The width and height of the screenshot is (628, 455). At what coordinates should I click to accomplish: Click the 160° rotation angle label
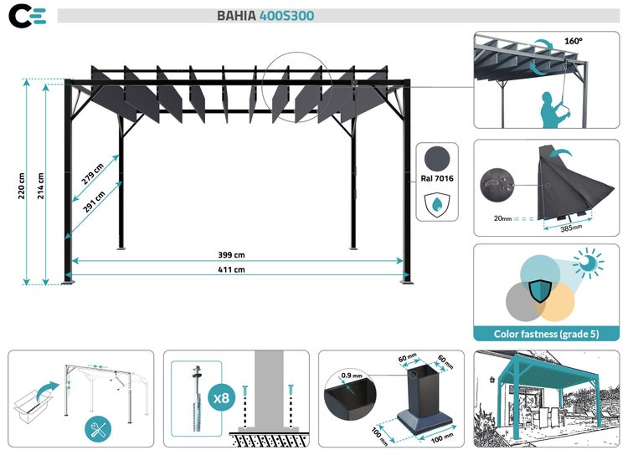[x=572, y=39]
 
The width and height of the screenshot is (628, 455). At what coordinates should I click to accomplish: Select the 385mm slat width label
[x=570, y=227]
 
